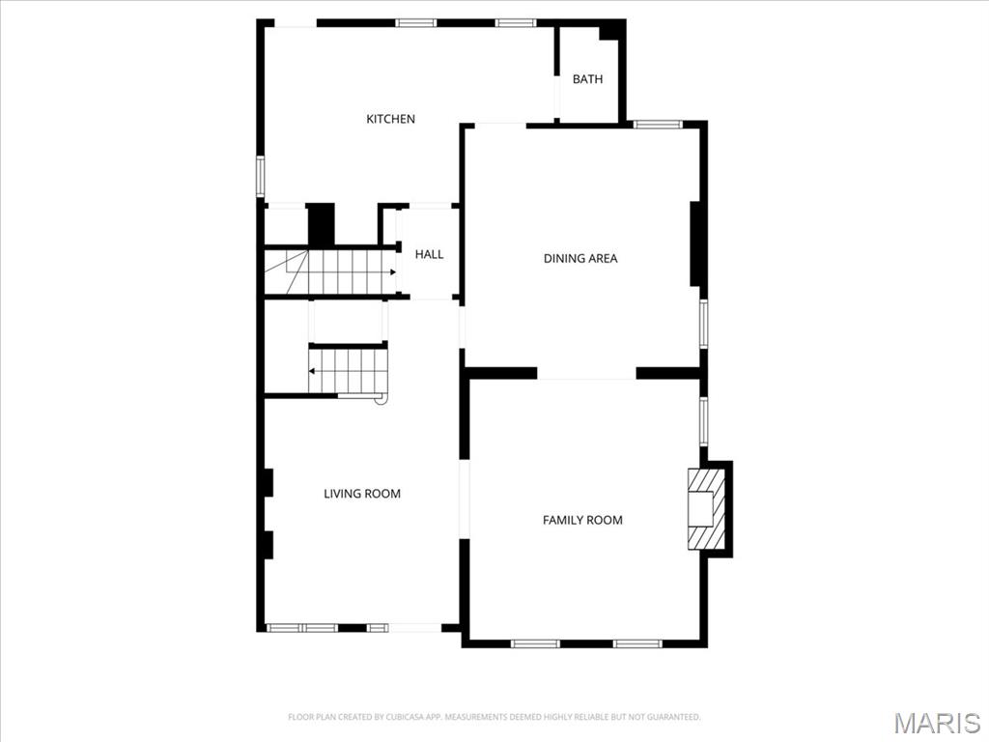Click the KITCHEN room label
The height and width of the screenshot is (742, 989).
[x=390, y=119]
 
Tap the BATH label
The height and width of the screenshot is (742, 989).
[x=587, y=79]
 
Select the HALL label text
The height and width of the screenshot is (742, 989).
[x=429, y=254]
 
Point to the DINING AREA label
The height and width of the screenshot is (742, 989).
[x=579, y=258]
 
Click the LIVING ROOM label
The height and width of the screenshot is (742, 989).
[x=361, y=494]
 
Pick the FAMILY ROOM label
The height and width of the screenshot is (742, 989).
[x=582, y=520]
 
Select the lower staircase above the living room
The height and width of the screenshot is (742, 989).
[x=348, y=371]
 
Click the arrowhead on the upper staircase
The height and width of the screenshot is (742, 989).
[x=393, y=272]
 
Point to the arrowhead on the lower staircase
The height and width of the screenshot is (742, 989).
[x=313, y=371]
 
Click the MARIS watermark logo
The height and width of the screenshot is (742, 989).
[x=936, y=723]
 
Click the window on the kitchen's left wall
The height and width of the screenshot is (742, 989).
[x=260, y=177]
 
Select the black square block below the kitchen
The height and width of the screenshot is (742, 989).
[x=321, y=224]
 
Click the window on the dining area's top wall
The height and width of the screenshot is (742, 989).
[x=658, y=124]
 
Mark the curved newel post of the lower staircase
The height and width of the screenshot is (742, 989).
[x=381, y=397]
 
